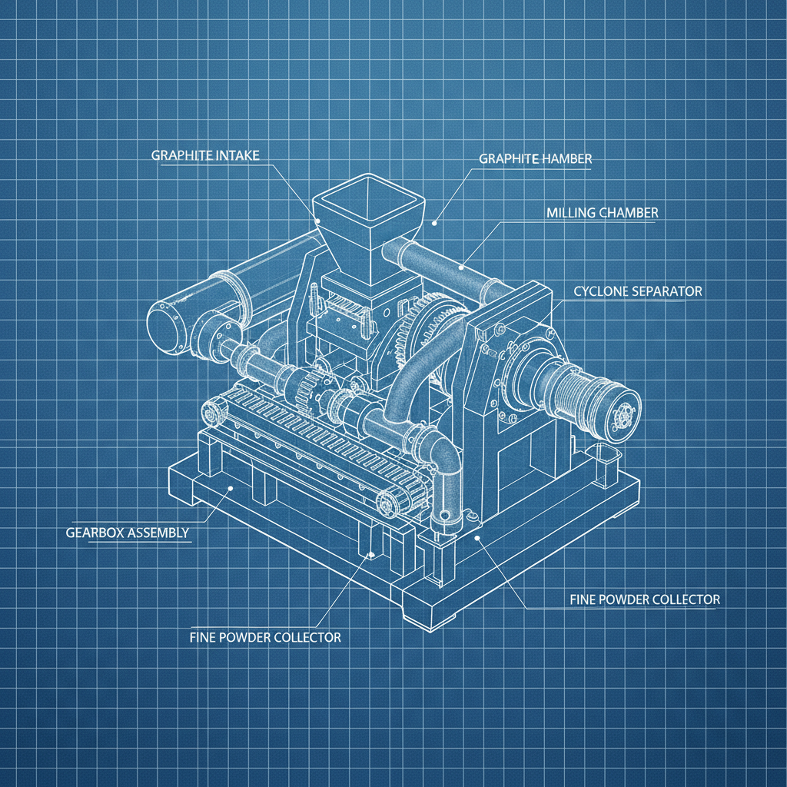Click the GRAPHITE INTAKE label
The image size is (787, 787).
[x=205, y=155]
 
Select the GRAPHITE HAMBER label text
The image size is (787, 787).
[x=535, y=158]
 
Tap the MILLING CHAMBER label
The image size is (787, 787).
[x=603, y=213]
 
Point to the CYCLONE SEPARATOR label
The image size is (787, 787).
[x=637, y=291]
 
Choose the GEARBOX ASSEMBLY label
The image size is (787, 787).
[x=128, y=533]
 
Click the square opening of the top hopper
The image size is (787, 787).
[x=368, y=198]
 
